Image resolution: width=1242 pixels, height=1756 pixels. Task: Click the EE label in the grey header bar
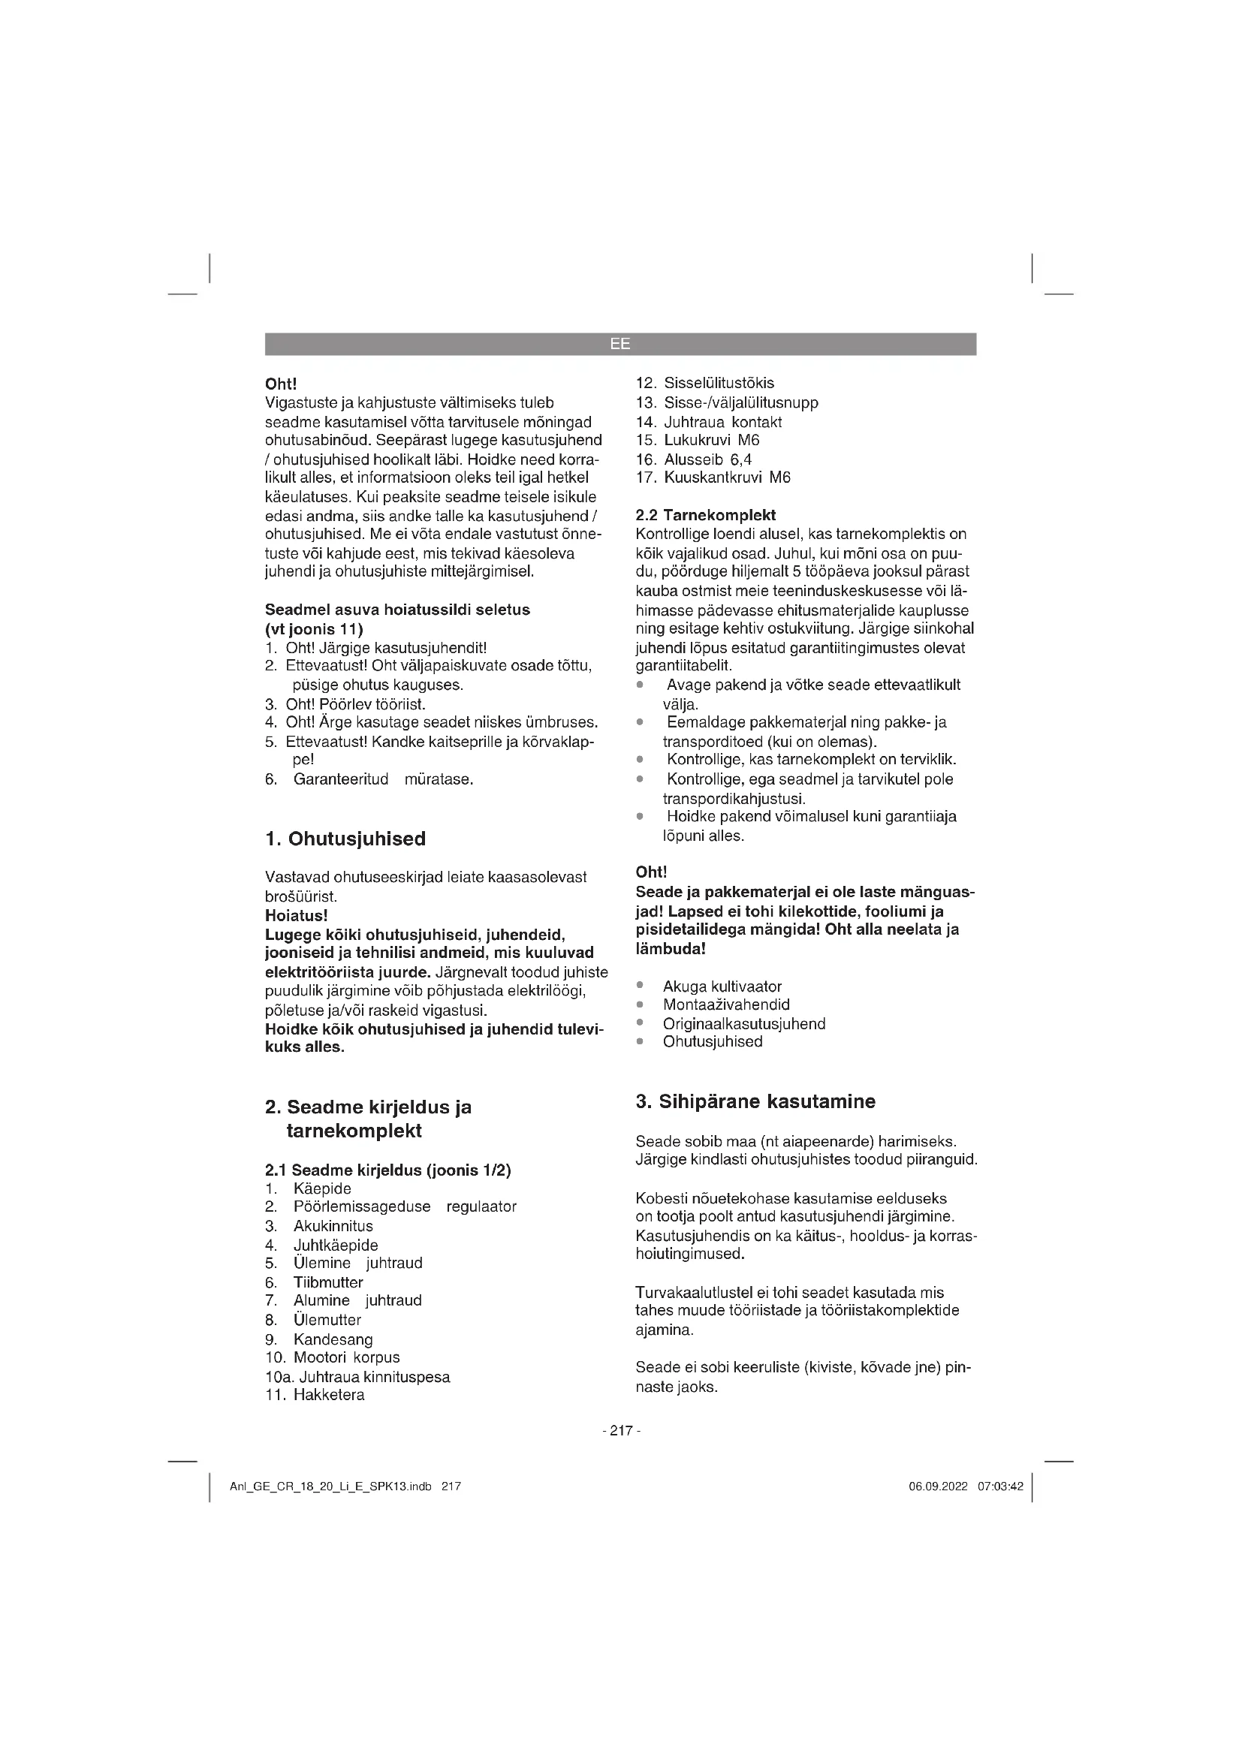click(620, 344)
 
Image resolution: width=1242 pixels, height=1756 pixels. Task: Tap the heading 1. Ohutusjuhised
click(345, 839)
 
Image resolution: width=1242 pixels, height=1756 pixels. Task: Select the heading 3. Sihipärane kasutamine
click(755, 1101)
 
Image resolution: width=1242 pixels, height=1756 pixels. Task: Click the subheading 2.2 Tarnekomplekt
click(705, 515)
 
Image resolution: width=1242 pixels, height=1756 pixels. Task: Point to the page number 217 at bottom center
click(621, 1430)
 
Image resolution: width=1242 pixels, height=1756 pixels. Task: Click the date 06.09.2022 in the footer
click(938, 1486)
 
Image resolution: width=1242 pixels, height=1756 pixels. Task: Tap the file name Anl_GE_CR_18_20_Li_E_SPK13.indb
click(330, 1486)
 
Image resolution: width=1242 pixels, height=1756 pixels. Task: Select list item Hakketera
click(329, 1395)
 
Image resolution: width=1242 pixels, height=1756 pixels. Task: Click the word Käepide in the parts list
click(322, 1188)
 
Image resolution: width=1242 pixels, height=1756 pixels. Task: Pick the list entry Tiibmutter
click(328, 1282)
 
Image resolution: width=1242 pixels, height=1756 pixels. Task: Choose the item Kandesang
click(333, 1339)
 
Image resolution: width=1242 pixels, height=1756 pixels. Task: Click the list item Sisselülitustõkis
click(718, 383)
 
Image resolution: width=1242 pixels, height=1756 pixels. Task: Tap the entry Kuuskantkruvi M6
click(727, 477)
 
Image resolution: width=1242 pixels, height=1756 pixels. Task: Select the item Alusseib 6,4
click(707, 459)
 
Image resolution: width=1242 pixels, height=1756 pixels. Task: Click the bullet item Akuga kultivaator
click(722, 986)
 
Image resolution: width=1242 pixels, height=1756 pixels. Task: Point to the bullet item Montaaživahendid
click(726, 1005)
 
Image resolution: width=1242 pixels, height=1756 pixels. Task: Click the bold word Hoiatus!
click(296, 915)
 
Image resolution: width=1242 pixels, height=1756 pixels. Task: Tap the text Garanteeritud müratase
click(383, 779)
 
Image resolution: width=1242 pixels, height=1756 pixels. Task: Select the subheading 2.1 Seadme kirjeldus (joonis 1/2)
click(387, 1170)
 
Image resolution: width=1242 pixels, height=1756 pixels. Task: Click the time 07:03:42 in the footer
click(999, 1486)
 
